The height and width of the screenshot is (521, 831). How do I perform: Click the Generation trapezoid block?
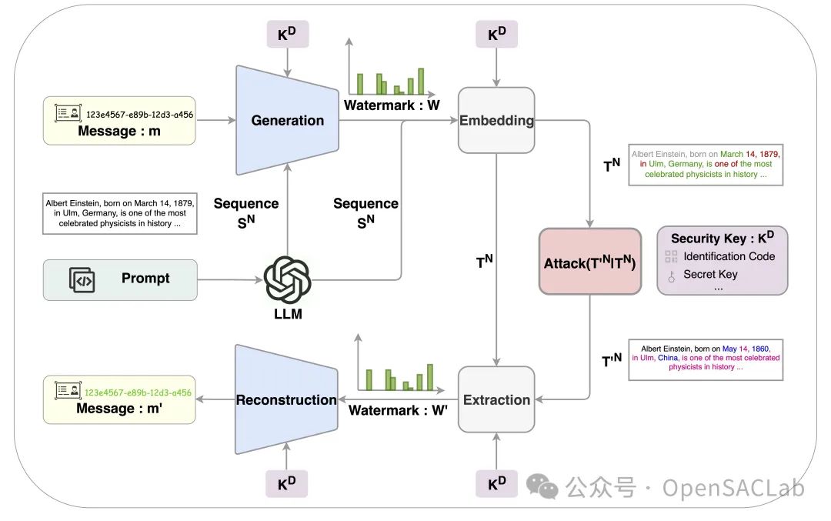[287, 120]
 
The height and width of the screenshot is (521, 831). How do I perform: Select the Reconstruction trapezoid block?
[286, 400]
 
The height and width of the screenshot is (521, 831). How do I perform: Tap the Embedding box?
[496, 120]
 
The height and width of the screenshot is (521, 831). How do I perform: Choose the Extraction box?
[496, 400]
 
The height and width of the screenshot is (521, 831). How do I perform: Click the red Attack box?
[589, 262]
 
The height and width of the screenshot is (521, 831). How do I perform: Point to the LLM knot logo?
[287, 279]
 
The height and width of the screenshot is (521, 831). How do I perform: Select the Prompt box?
[120, 279]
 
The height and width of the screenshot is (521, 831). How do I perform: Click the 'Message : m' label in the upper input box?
[119, 132]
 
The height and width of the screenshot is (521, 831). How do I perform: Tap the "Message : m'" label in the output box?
[119, 409]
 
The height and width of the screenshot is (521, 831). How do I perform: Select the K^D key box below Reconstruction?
[286, 483]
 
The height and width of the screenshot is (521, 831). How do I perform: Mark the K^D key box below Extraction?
[496, 483]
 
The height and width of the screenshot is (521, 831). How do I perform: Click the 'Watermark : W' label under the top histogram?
[392, 105]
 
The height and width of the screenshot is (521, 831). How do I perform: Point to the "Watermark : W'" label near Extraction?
[398, 410]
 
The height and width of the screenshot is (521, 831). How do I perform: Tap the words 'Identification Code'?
[729, 256]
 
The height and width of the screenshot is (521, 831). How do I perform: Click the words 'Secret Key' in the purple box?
[710, 274]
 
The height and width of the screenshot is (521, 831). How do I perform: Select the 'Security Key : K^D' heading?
[722, 239]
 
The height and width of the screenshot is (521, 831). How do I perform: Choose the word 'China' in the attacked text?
[668, 358]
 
